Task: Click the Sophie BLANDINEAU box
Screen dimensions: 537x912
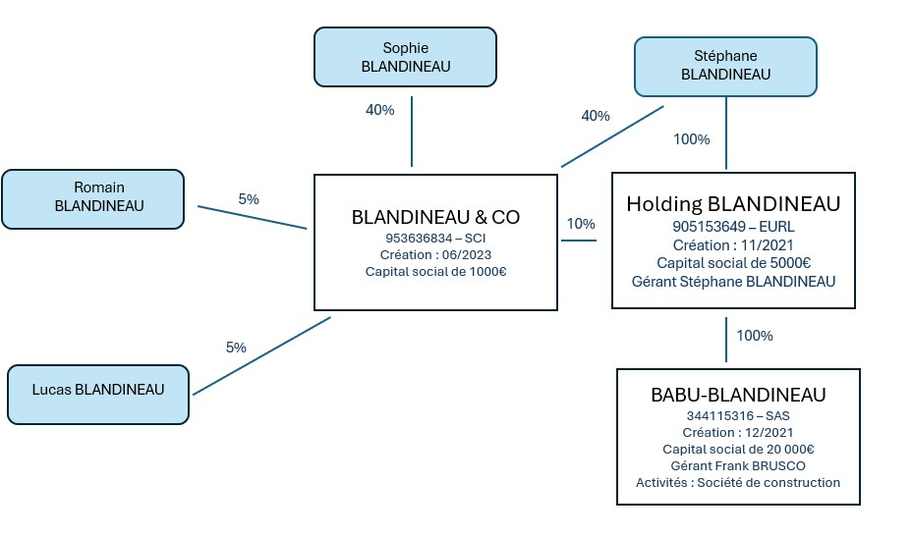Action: point(405,56)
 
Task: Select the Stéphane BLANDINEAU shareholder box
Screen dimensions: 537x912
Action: point(725,65)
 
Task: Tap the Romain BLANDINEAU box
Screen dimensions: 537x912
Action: point(92,197)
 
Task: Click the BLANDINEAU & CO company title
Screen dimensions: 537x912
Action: point(435,217)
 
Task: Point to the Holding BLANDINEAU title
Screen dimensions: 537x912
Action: point(733,204)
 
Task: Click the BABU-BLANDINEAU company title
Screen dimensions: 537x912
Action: point(738,396)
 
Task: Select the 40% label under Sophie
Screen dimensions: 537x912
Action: point(379,110)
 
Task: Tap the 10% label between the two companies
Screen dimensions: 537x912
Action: point(581,224)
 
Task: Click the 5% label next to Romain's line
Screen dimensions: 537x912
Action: point(249,199)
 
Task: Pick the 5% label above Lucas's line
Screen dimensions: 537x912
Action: point(236,347)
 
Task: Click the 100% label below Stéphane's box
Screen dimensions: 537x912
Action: point(691,139)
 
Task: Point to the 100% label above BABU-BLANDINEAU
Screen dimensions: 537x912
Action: point(755,336)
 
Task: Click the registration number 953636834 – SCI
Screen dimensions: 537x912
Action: point(435,238)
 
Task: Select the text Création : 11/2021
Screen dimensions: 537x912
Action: point(733,244)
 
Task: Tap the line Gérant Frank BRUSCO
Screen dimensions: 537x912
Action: point(738,465)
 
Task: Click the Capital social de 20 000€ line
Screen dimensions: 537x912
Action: point(738,449)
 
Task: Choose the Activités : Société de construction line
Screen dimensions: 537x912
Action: point(738,482)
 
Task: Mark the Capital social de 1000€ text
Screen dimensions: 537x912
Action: point(435,272)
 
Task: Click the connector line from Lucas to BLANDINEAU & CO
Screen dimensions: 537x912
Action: point(261,355)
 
